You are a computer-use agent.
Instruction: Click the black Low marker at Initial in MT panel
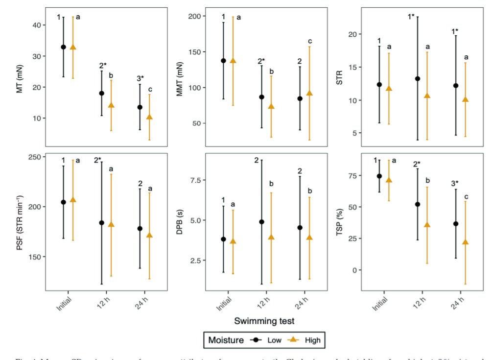click(x=63, y=47)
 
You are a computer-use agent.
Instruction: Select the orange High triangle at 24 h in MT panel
click(x=149, y=117)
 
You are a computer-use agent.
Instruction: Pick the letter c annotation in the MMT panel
click(x=309, y=41)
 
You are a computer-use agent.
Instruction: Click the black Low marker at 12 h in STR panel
click(x=418, y=78)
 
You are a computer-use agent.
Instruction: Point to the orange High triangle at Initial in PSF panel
click(x=73, y=200)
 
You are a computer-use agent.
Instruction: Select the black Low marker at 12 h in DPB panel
click(x=262, y=222)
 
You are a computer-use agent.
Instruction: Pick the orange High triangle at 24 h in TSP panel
click(x=466, y=242)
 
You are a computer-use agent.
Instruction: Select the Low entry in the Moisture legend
click(x=265, y=339)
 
